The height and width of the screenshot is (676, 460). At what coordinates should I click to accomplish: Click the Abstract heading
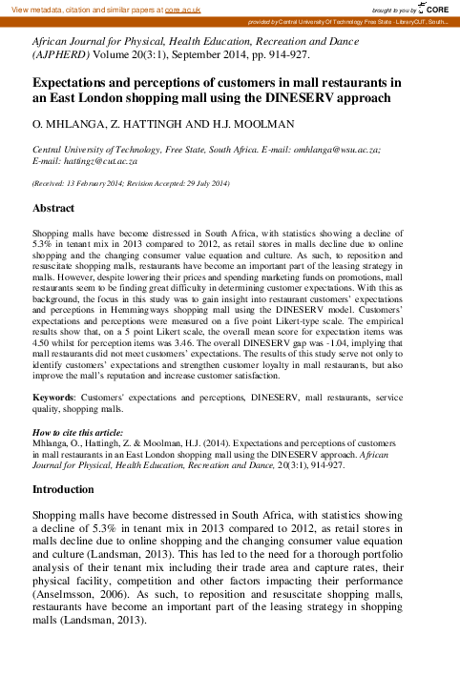coord(53,208)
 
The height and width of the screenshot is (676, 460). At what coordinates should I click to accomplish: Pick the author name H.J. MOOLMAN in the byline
coord(223,125)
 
